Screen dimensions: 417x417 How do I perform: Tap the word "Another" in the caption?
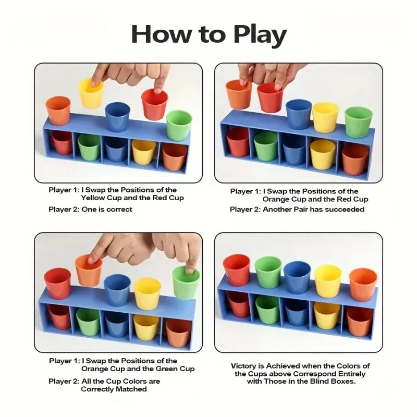pyautogui.click(x=280, y=210)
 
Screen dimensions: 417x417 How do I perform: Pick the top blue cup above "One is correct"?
pyautogui.click(x=118, y=116)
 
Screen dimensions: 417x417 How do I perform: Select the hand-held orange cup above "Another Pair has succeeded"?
pyautogui.click(x=239, y=94)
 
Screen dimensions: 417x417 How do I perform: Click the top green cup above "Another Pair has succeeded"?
pyautogui.click(x=359, y=122)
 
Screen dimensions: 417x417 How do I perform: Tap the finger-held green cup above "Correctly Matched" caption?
pyautogui.click(x=186, y=283)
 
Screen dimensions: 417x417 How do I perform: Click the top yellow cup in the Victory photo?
pyautogui.click(x=328, y=281)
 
